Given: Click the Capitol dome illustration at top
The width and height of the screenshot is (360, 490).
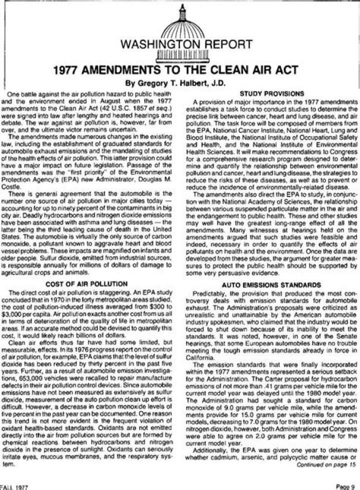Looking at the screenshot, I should (179, 22).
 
